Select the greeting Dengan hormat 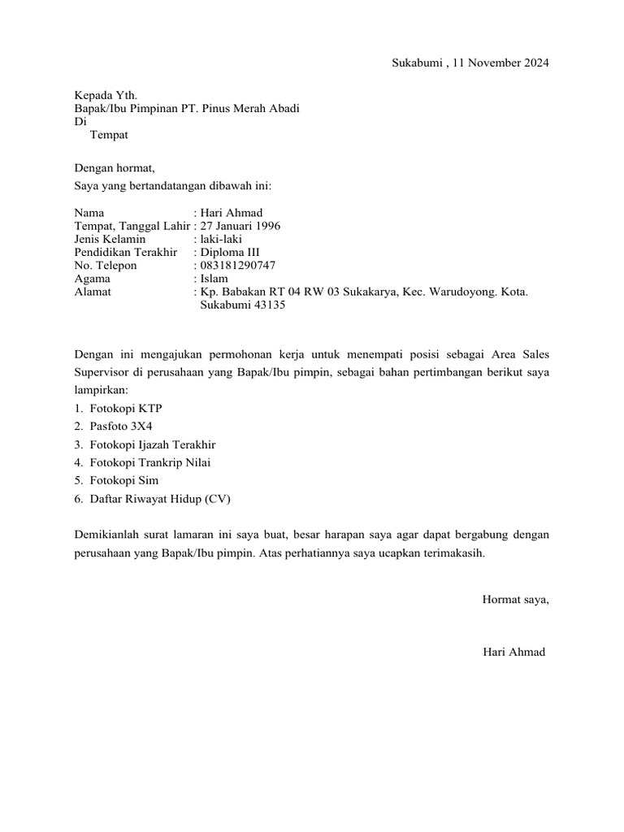pos(114,168)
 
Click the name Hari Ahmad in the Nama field pos(232,213)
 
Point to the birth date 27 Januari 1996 pos(240,226)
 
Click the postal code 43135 pos(267,305)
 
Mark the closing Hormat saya pos(515,600)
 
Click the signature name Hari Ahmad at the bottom pos(513,653)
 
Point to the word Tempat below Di pos(109,135)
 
